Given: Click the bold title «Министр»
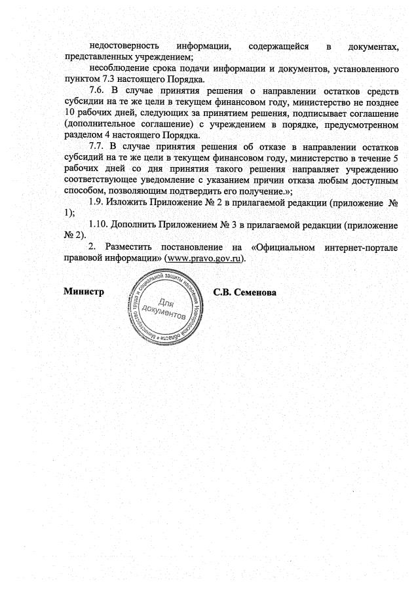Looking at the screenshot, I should click(x=83, y=291).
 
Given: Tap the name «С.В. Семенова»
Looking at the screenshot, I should click(x=245, y=291).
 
